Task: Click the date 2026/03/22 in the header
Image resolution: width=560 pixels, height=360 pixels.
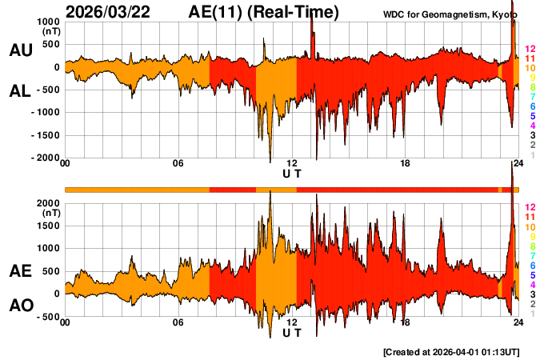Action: click(x=117, y=12)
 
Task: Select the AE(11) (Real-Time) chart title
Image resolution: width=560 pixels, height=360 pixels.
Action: click(x=264, y=12)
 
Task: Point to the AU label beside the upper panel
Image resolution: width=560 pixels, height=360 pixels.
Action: click(x=20, y=50)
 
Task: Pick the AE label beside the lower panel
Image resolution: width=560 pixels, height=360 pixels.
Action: click(x=20, y=271)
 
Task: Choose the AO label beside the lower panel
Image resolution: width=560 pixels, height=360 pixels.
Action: click(x=20, y=306)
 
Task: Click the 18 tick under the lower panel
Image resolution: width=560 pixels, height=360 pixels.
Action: click(x=405, y=322)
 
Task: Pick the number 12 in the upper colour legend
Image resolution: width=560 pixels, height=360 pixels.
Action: click(x=530, y=49)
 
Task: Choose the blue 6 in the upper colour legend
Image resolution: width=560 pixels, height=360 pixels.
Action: click(x=532, y=106)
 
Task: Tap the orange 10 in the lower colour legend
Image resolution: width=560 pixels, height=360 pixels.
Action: click(x=530, y=227)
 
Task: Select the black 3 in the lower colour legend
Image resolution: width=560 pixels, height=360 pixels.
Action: click(x=532, y=294)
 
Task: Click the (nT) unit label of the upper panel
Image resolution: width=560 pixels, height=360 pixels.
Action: click(x=50, y=33)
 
